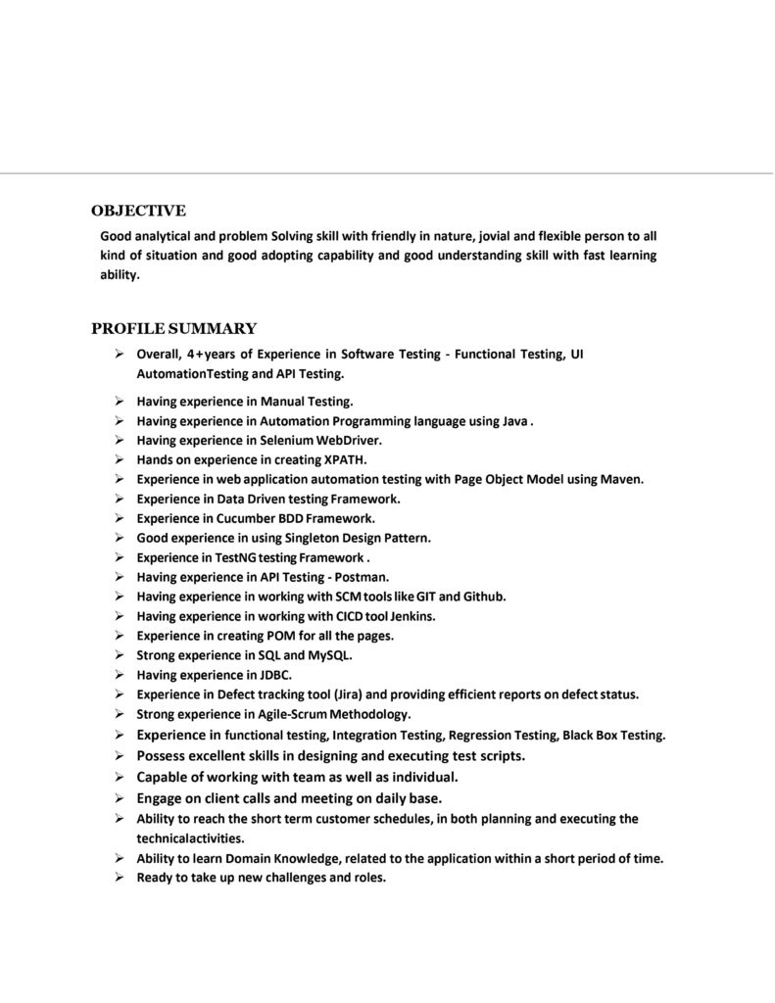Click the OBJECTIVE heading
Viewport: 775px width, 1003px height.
tap(138, 211)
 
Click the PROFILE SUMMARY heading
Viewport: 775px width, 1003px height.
tap(173, 329)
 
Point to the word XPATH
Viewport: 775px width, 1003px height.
tap(345, 459)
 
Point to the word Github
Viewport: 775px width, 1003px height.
tap(483, 597)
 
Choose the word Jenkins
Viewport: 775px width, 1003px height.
tap(412, 616)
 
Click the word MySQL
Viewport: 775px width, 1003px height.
tap(330, 655)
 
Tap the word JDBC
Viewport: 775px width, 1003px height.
tap(275, 675)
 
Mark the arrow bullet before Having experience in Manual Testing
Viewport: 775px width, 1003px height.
tap(118, 401)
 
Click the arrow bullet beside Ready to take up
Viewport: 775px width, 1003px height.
tap(118, 878)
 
